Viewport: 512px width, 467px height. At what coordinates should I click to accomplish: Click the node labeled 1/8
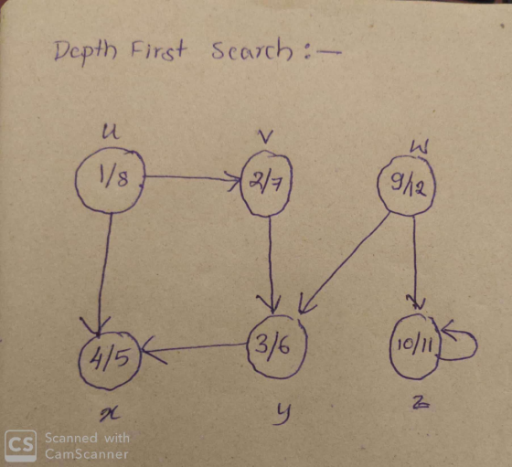coord(110,180)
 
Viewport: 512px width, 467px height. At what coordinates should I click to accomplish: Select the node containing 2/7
coord(266,184)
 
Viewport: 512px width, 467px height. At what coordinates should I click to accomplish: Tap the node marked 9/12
coord(406,186)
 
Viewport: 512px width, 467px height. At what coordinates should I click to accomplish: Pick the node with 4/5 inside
coord(110,360)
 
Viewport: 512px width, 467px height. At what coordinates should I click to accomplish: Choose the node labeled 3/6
coord(277,347)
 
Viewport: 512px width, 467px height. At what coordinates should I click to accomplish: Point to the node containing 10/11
coord(415,346)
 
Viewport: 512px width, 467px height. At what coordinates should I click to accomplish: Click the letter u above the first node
coord(111,132)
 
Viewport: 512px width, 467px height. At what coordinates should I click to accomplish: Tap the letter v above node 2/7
coord(266,137)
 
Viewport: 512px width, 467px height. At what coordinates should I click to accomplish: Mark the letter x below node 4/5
coord(110,415)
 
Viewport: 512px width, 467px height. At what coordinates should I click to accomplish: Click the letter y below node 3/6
coord(282,414)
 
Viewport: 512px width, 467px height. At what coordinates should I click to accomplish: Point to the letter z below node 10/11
coord(421,404)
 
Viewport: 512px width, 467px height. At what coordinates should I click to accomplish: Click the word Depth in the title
coord(86,52)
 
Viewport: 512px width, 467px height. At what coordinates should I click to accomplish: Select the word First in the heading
coord(159,50)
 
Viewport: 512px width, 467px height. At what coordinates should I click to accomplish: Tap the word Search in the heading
coord(251,50)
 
